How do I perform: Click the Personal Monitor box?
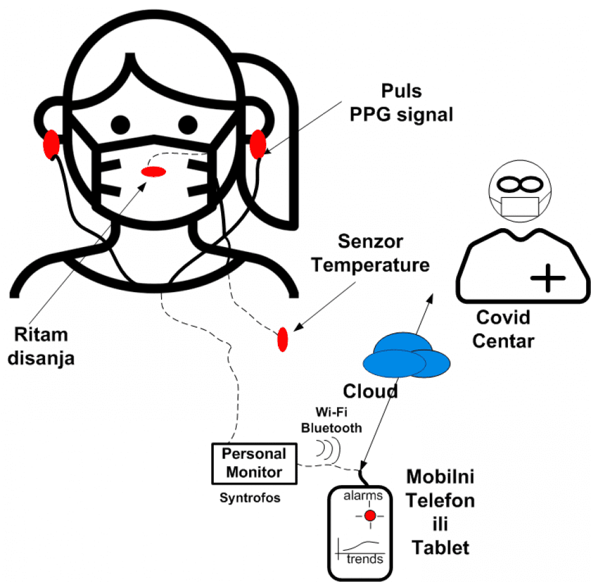[253, 463]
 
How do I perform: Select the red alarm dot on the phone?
[369, 516]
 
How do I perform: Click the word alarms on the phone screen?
[363, 495]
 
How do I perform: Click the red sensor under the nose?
[153, 173]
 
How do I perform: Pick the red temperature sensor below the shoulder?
[283, 339]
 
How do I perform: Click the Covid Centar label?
[505, 329]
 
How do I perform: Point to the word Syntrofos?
[250, 498]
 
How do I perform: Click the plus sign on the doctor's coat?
[548, 279]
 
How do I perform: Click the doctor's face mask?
[520, 206]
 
